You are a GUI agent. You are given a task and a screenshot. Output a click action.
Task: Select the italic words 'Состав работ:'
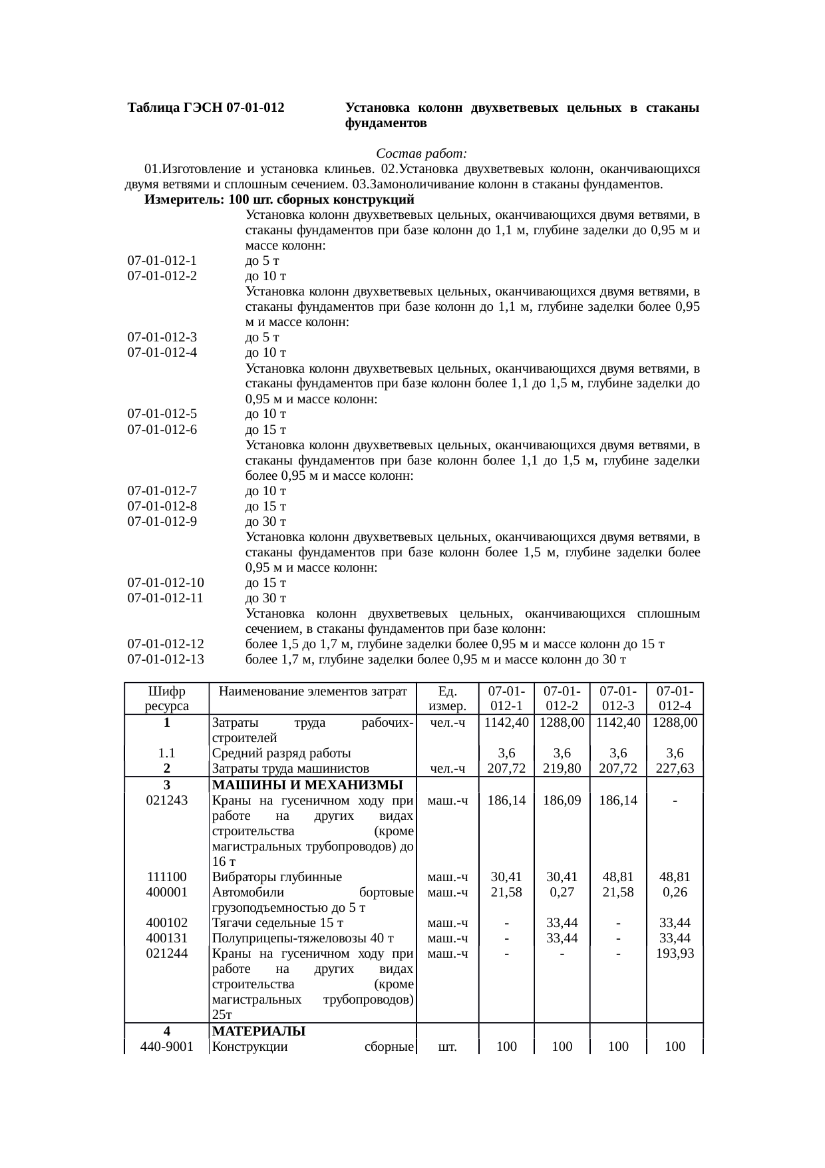(x=422, y=154)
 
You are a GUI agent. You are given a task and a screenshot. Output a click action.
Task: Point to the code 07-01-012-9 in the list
(x=162, y=522)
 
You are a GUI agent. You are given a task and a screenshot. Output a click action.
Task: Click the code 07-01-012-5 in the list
(x=162, y=415)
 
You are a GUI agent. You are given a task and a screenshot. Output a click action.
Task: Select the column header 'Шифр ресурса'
(x=166, y=699)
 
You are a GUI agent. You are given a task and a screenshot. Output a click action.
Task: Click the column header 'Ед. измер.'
(x=447, y=699)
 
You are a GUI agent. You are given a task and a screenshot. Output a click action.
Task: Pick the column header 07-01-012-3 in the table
(x=618, y=699)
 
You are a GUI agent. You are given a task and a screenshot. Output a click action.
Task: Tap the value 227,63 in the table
(x=675, y=769)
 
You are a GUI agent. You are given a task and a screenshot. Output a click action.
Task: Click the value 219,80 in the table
(x=562, y=769)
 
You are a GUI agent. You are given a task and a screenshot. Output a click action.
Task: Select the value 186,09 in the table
(x=562, y=801)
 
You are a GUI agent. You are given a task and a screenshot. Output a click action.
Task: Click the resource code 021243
(x=166, y=801)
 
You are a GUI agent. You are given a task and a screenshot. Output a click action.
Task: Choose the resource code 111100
(x=166, y=877)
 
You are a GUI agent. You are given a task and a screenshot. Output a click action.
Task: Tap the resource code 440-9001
(x=166, y=1047)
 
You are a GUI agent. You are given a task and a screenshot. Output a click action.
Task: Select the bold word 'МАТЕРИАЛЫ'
(x=258, y=1032)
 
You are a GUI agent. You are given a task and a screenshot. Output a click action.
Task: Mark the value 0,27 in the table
(x=562, y=892)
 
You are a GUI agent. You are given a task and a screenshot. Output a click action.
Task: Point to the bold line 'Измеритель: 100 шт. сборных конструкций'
(x=279, y=200)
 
